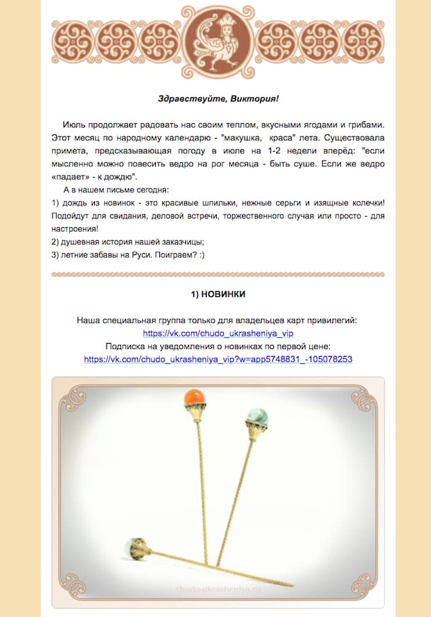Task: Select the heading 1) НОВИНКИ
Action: click(218, 294)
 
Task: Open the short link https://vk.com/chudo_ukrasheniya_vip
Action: click(218, 333)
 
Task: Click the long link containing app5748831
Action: click(218, 358)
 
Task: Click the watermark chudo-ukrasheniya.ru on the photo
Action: click(218, 589)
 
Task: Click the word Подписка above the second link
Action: click(126, 346)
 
